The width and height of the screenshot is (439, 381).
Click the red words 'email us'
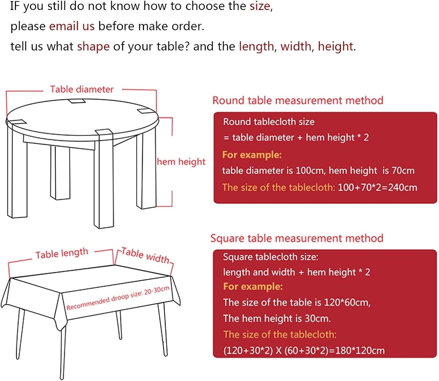[x=72, y=26]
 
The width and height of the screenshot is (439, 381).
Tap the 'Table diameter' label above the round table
[x=82, y=89]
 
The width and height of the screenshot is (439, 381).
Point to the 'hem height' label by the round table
[x=181, y=162]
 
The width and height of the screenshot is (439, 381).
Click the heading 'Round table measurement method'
[x=298, y=100]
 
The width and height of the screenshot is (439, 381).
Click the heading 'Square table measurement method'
[x=297, y=238]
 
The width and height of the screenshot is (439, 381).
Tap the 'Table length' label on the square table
[x=62, y=254]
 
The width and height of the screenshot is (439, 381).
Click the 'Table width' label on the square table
[x=145, y=255]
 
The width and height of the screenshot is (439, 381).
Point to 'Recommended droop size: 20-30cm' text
[x=118, y=298]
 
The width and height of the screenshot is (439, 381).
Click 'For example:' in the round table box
[x=252, y=155]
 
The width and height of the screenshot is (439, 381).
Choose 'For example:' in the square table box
[x=253, y=286]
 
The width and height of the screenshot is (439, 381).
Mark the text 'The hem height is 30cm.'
[x=277, y=318]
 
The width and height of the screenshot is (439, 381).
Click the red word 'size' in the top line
[x=260, y=6]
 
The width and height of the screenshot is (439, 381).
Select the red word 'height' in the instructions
[x=335, y=46]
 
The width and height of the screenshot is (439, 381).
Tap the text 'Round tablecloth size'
[x=269, y=122]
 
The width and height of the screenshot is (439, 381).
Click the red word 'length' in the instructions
[x=256, y=46]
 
